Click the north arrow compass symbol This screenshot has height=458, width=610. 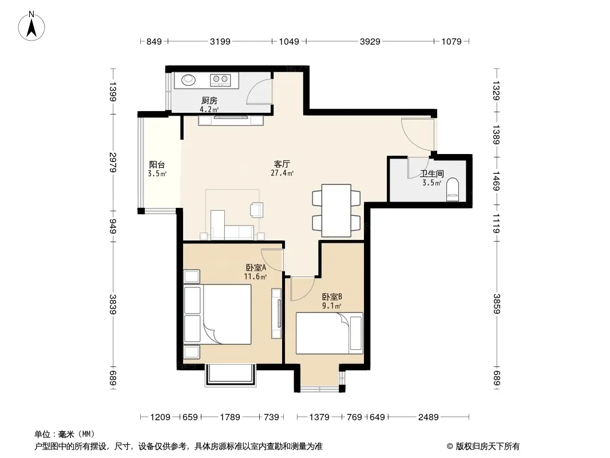[x=31, y=26]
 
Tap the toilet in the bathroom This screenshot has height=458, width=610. [x=453, y=189]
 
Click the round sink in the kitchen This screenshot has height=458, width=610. [x=189, y=80]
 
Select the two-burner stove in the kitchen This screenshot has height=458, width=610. [x=220, y=80]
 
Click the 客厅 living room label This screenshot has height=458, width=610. [x=282, y=164]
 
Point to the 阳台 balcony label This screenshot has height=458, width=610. [x=157, y=165]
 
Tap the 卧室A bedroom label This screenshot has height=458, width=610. [x=256, y=268]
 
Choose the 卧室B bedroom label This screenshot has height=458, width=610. [x=332, y=297]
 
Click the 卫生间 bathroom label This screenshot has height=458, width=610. [x=432, y=173]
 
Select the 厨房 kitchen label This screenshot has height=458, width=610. [x=209, y=101]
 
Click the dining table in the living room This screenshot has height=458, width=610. [x=336, y=211]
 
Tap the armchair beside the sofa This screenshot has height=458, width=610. [x=256, y=210]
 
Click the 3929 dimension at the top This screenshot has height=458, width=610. [x=370, y=41]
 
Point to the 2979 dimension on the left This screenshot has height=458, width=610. [x=113, y=162]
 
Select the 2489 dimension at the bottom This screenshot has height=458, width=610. [x=429, y=417]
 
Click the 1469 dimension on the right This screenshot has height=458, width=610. [x=496, y=181]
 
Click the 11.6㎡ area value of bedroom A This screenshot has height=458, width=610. [x=255, y=277]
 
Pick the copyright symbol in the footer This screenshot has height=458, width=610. [x=450, y=447]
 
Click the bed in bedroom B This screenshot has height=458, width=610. [x=330, y=333]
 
